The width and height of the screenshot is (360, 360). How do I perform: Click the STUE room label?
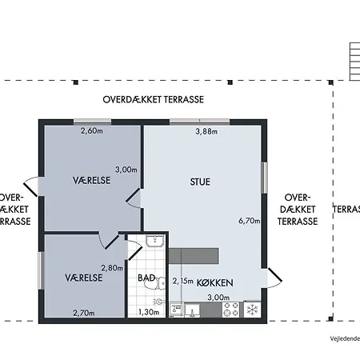[200, 182]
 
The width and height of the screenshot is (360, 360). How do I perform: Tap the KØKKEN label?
[214, 282]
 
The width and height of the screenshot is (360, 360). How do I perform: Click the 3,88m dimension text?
[206, 132]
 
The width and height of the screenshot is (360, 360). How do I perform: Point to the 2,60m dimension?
[92, 132]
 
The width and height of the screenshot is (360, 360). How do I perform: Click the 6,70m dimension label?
[250, 221]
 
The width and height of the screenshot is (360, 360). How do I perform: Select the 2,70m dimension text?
[85, 313]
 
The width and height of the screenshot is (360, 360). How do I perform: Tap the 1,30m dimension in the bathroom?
[149, 313]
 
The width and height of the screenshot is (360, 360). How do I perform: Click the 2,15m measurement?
[184, 281]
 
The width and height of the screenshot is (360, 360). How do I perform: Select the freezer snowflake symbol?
[250, 309]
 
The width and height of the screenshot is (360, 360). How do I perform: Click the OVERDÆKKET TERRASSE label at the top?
[154, 100]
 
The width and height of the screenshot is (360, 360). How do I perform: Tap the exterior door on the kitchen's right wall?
[273, 276]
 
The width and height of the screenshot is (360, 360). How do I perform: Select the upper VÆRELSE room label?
[90, 181]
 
